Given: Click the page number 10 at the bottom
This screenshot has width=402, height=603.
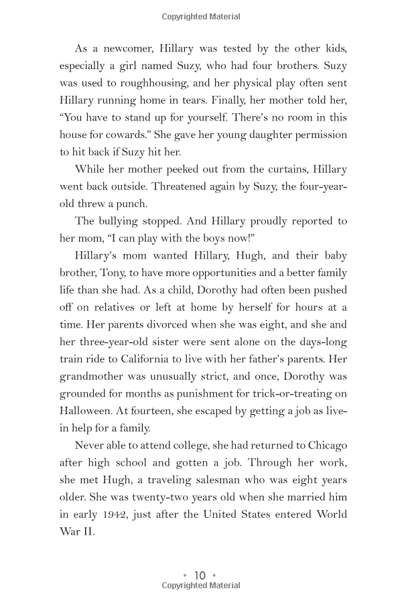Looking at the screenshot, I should (200, 575).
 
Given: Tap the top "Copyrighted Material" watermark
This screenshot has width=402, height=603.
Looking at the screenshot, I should (201, 17).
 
